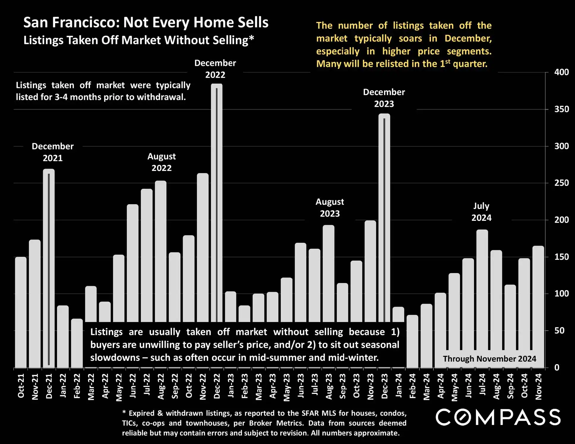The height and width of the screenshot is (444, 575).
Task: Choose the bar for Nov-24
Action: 538,297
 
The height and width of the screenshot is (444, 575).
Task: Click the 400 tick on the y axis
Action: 561,72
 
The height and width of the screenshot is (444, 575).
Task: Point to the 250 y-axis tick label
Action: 561,183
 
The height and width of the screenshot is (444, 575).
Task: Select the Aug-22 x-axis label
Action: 161,386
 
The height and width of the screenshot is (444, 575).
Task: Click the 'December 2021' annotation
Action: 53,152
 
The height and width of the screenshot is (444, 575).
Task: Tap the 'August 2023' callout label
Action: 330,207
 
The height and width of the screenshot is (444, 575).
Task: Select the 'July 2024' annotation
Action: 481,212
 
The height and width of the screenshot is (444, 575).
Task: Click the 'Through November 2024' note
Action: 489,359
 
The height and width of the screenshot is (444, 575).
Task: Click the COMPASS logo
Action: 498,417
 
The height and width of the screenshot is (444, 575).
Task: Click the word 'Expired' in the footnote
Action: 142,413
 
